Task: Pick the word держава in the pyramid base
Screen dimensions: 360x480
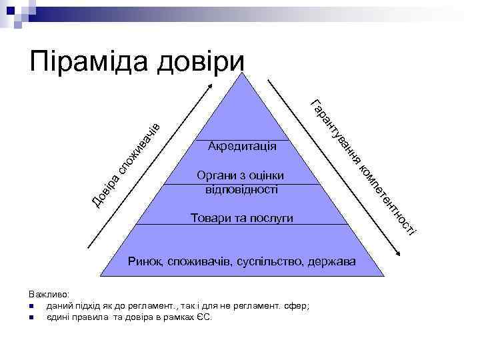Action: click(x=331, y=259)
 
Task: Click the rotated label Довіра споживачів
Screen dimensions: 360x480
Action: click(x=126, y=163)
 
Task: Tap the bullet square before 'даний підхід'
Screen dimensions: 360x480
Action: click(x=32, y=306)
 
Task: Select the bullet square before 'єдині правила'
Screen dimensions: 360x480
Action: click(x=32, y=317)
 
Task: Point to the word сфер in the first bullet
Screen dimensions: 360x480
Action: click(x=297, y=306)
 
